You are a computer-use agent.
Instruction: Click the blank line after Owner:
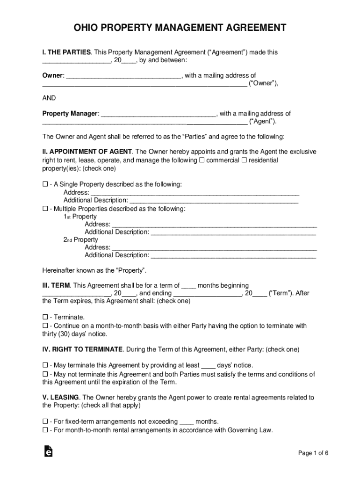(123, 76)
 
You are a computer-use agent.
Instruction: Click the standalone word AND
(49, 98)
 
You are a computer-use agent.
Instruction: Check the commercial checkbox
(202, 160)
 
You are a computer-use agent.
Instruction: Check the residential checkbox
(244, 160)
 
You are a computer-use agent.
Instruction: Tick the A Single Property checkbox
(45, 184)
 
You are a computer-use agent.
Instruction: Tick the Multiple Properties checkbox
(45, 209)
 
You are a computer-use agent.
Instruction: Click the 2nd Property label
(81, 239)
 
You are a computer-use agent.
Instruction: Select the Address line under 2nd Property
(215, 247)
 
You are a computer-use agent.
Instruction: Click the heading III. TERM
(57, 285)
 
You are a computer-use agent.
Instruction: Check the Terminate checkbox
(45, 317)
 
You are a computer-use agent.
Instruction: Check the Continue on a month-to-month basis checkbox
(45, 326)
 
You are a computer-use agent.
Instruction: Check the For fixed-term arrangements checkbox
(45, 421)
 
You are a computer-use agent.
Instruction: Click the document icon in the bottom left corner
(47, 451)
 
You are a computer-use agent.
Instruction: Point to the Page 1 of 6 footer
(314, 453)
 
